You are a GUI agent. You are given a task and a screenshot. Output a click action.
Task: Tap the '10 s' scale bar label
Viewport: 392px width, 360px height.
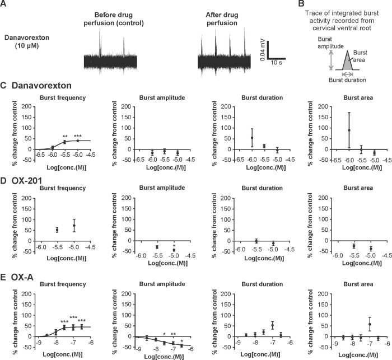276,63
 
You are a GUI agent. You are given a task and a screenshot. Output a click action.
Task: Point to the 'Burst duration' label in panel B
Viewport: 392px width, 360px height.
347,80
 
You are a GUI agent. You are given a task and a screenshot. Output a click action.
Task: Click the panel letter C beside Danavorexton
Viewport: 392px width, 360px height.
3,86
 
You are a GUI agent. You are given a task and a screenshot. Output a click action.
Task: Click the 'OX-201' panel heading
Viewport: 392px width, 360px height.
27,180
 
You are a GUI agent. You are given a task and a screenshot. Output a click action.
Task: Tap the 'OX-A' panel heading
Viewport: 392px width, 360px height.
22,277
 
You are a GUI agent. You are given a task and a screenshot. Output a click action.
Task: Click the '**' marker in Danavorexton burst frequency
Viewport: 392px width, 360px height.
65,137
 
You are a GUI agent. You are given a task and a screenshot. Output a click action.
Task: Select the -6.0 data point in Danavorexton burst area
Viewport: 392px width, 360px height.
349,130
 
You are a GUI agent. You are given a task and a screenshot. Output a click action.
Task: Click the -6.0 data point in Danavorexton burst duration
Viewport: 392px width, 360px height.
252,138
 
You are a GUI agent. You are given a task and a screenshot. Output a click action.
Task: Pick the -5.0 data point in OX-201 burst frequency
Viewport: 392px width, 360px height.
74,226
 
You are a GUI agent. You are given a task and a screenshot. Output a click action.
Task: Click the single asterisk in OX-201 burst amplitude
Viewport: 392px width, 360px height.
174,246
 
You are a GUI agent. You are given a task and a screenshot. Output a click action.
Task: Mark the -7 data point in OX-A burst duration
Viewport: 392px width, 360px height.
273,325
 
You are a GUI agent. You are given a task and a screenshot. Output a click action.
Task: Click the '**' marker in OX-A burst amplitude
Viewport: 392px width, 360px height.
173,334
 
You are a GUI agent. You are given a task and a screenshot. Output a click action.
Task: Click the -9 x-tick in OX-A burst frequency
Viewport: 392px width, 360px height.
38,343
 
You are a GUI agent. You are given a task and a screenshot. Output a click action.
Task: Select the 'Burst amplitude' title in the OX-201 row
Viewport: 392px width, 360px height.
162,188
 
